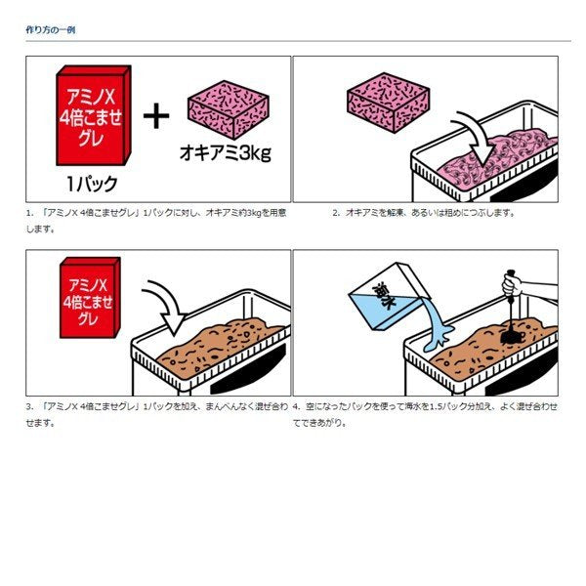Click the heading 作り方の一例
click(x=51, y=30)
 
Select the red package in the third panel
click(x=89, y=299)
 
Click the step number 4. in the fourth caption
click(x=296, y=404)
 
